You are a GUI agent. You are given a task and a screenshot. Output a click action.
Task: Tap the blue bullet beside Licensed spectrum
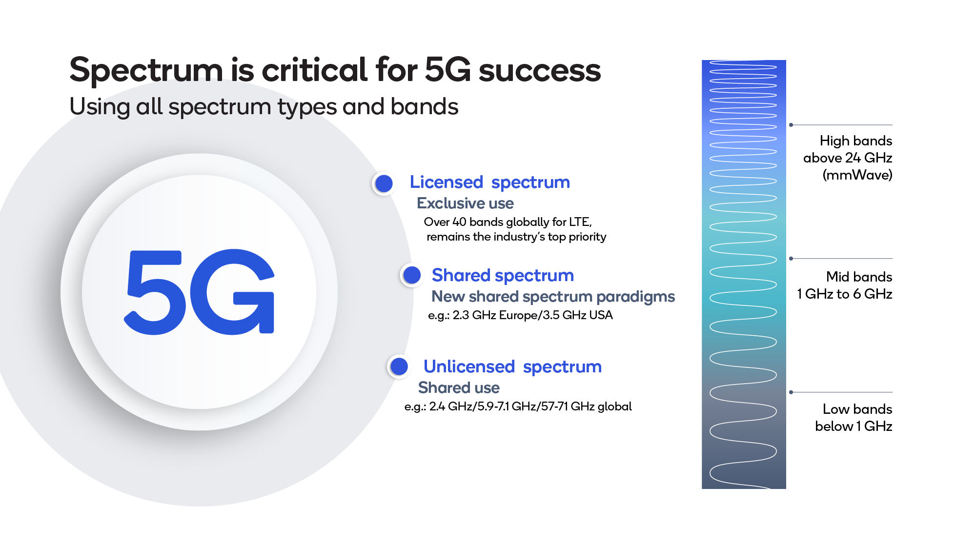click(384, 183)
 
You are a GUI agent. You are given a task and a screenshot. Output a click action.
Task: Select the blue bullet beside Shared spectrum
click(412, 275)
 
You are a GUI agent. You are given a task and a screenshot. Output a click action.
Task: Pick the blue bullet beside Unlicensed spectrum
click(400, 366)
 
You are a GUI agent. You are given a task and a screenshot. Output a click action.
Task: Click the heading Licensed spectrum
click(489, 182)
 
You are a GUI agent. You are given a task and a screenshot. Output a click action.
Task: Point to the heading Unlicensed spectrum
click(512, 366)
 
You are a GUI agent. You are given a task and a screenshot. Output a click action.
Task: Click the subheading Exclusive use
click(465, 203)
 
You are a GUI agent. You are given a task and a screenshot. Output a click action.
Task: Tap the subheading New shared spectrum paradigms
click(553, 296)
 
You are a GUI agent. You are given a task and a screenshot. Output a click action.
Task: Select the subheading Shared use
click(459, 387)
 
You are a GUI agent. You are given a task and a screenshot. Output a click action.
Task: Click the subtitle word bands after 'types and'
click(424, 106)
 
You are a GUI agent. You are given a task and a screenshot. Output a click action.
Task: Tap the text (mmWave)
click(857, 175)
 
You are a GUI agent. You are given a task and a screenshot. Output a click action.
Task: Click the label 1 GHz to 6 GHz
click(844, 294)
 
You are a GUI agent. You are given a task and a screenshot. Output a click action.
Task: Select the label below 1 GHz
click(854, 426)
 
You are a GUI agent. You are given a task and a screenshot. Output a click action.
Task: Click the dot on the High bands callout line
click(791, 125)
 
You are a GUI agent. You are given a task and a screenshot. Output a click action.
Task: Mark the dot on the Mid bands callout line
click(791, 259)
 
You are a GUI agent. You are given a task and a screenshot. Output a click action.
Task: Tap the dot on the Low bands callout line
click(791, 392)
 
